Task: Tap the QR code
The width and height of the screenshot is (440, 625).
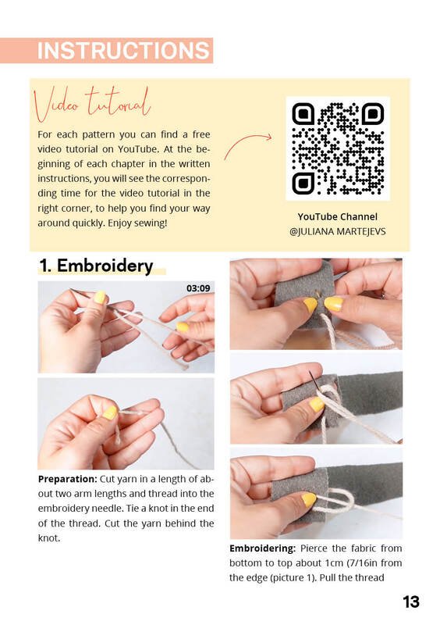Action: click(338, 148)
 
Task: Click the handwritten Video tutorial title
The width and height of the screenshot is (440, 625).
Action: click(93, 104)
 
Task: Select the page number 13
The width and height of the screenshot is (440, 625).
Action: click(411, 602)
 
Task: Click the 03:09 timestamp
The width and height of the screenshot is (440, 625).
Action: click(198, 288)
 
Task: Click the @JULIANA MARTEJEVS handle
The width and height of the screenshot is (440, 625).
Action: click(338, 231)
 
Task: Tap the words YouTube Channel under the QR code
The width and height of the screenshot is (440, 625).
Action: click(338, 217)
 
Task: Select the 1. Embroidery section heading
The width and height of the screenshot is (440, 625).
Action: click(96, 266)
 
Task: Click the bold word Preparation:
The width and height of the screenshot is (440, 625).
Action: click(68, 479)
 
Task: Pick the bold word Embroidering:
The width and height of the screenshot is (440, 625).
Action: click(262, 548)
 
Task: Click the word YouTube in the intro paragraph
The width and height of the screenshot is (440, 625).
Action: click(136, 149)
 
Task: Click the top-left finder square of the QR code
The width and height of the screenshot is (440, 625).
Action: click(303, 114)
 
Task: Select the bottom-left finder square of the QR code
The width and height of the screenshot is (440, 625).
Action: click(303, 184)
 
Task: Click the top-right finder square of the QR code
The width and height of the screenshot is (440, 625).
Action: click(372, 114)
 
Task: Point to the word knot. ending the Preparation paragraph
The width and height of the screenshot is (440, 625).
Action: click(49, 538)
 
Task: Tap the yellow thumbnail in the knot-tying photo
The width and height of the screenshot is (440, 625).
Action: click(110, 412)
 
